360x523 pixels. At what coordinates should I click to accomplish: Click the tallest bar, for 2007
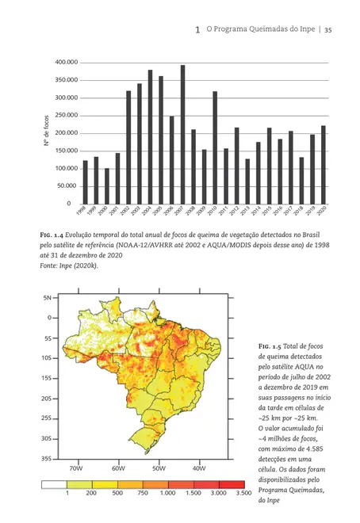pos(182,134)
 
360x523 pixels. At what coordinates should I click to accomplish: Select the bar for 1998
pos(85,181)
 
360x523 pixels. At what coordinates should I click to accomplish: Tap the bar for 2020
pos(324,164)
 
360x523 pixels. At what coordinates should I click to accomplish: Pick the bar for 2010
pos(215,147)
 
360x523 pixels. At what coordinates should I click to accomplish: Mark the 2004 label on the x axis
pos(147,212)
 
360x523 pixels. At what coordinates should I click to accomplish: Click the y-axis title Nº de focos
pos(47,133)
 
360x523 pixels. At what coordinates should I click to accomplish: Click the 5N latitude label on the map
pos(46,297)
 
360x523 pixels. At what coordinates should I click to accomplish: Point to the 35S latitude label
pos(45,458)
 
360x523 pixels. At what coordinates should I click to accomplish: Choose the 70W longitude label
pos(76,468)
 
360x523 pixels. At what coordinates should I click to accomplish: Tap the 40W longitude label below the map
pos(198,468)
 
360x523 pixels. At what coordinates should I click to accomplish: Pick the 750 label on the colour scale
pos(142,493)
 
